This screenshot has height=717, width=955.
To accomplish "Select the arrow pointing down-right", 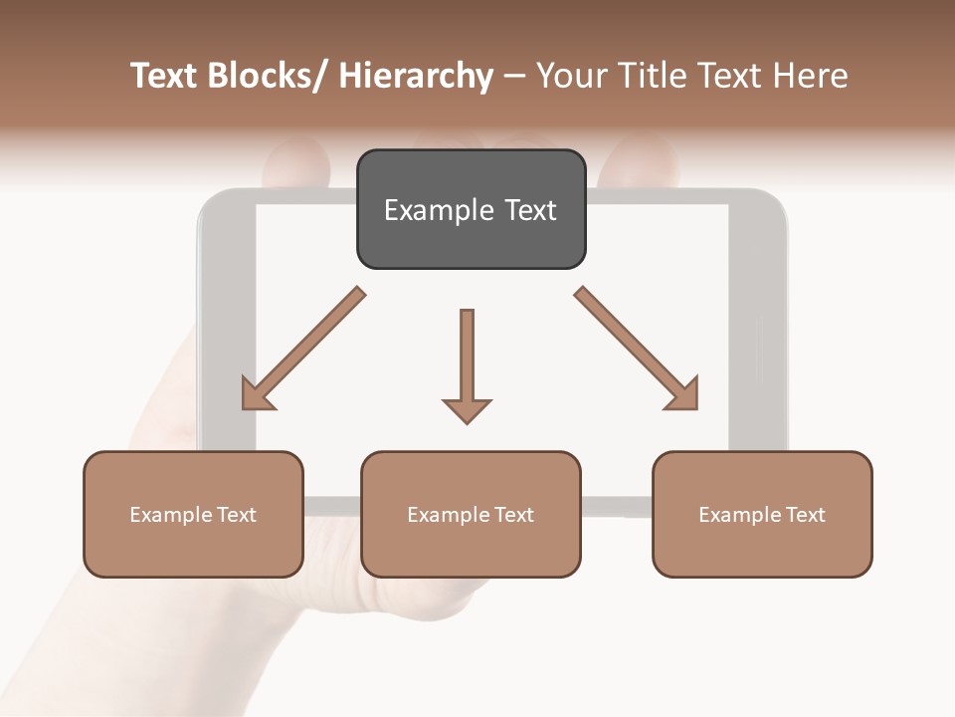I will (637, 350).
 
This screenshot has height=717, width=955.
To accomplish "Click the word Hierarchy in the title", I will (416, 77).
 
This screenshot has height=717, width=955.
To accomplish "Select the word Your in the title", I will (573, 77).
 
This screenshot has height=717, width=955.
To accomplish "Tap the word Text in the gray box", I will (529, 211).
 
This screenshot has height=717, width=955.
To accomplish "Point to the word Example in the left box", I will (171, 515).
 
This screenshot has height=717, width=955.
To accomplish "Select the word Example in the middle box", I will (449, 515).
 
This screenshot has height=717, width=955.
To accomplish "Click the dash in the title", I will (514, 77).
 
